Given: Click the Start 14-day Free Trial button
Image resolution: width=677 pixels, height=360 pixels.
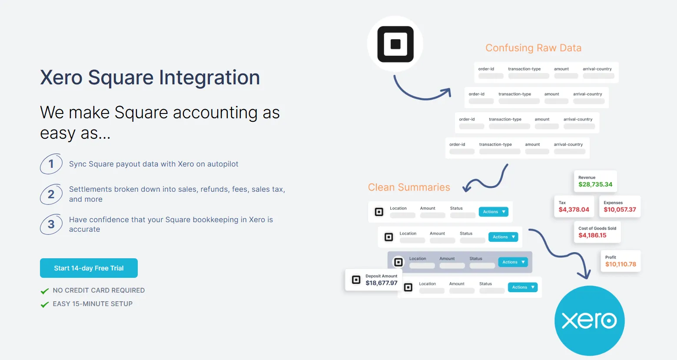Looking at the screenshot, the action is click(89, 268).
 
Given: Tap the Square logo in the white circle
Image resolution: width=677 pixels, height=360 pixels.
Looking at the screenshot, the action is click(395, 44).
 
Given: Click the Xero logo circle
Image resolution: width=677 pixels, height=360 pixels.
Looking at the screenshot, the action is click(589, 321).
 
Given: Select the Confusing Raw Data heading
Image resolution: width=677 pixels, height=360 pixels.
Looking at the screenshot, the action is click(533, 48).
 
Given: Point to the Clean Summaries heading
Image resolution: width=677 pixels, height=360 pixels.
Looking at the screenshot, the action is click(409, 187).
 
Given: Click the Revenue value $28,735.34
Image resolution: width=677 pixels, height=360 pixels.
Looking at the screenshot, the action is click(595, 184).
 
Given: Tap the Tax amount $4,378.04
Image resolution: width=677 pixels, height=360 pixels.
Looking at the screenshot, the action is click(574, 210).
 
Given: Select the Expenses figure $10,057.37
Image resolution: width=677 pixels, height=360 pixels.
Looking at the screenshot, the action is click(620, 210).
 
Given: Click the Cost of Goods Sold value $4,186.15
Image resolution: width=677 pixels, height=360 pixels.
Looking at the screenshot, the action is click(592, 235).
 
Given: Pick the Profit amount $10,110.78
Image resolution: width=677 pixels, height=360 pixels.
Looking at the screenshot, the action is click(621, 264).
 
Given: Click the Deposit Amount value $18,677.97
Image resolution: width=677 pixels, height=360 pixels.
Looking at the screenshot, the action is click(382, 283).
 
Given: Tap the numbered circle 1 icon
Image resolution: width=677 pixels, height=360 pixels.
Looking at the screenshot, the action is click(51, 164).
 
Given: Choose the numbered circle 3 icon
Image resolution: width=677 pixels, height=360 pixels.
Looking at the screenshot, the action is click(51, 224).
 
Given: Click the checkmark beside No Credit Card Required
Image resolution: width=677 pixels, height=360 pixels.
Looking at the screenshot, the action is click(44, 291).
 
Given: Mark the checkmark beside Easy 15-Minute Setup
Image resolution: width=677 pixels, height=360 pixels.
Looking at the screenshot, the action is click(44, 304).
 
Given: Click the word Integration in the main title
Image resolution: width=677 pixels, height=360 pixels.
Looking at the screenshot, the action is click(209, 77).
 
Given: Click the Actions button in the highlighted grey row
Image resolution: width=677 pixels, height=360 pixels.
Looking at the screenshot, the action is click(513, 262).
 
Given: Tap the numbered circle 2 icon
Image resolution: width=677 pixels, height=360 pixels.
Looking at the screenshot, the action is click(51, 194).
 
